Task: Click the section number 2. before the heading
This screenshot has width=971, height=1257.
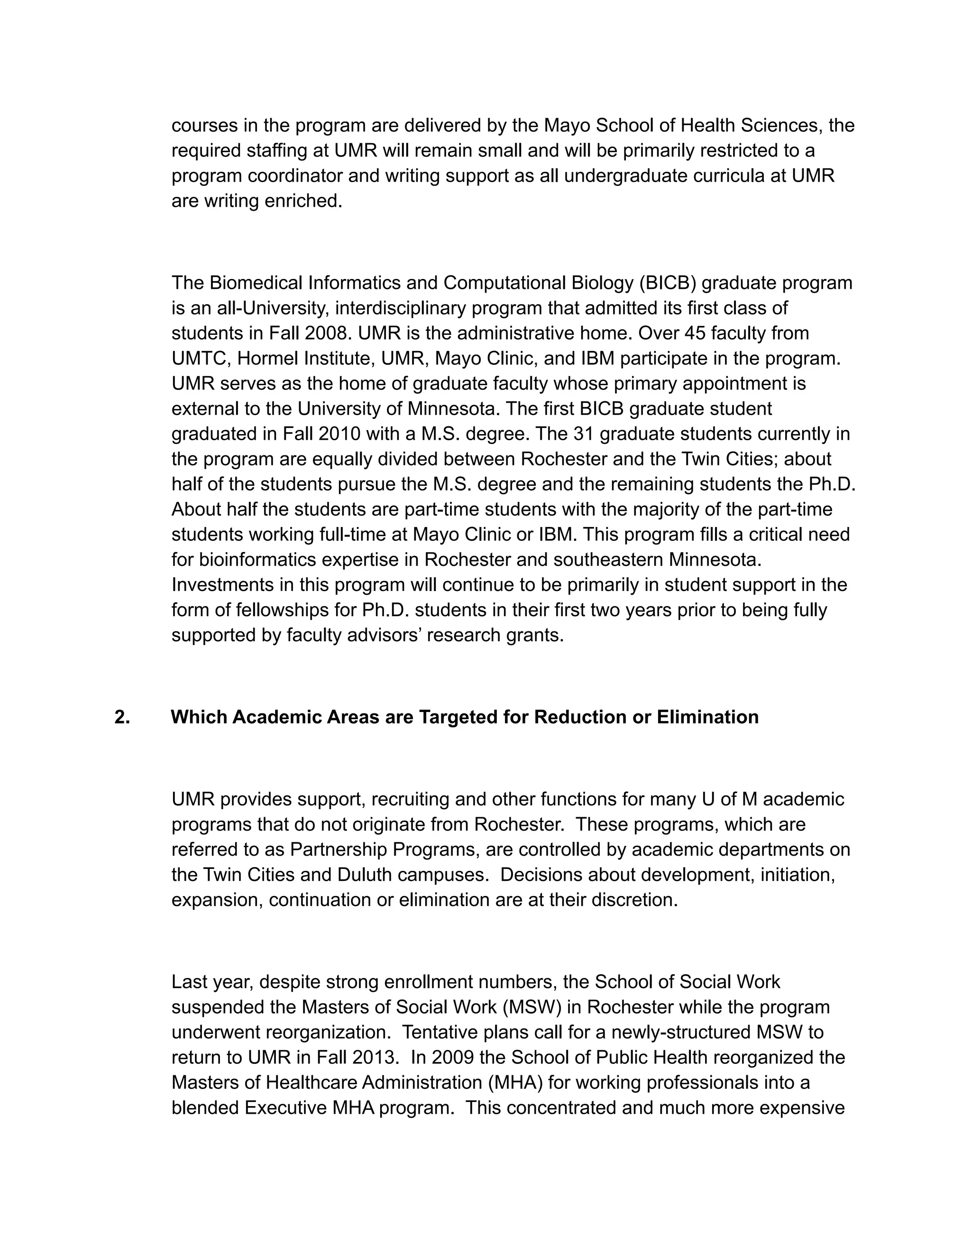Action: (121, 717)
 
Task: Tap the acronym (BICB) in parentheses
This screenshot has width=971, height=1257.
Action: (666, 283)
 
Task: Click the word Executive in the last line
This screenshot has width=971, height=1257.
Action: (286, 1108)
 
